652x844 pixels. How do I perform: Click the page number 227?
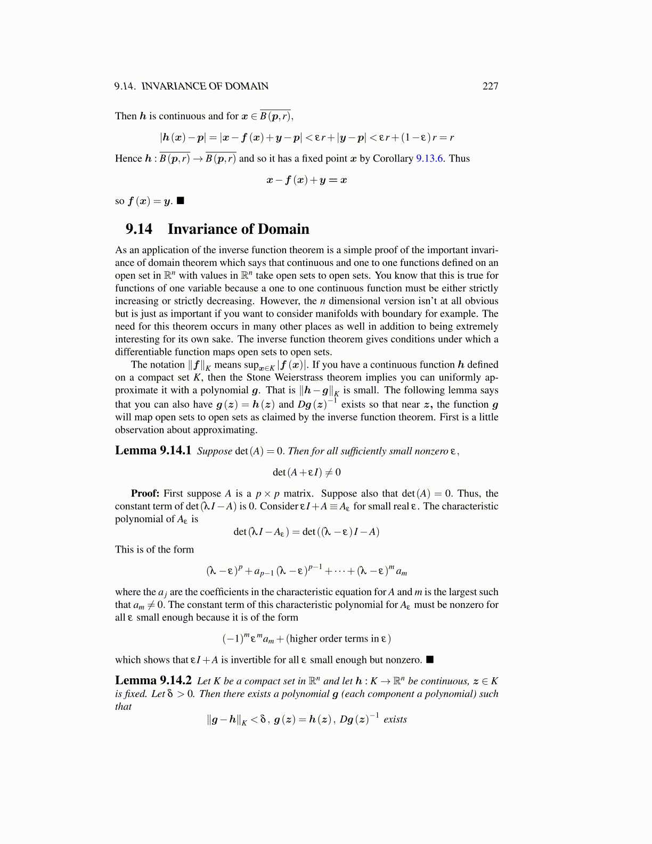[490, 86]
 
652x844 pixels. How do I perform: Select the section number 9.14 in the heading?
[138, 229]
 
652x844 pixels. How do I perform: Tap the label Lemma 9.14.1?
[153, 451]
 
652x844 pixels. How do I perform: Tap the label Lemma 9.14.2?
[153, 680]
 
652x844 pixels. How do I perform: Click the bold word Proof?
[145, 493]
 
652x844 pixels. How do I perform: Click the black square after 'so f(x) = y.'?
[181, 201]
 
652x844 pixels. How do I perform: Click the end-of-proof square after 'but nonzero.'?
[430, 660]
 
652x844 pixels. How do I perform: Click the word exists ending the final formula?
[395, 719]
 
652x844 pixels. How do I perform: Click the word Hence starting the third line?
[128, 158]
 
